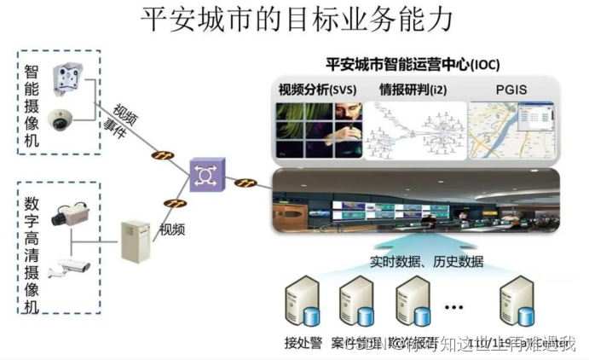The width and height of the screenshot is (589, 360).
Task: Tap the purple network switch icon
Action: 205,174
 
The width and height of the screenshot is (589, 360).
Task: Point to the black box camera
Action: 67,215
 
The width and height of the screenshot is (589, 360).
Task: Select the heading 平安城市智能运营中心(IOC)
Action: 413,65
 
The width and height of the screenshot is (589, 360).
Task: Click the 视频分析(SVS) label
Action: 316,90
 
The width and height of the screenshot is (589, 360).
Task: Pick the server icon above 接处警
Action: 302,304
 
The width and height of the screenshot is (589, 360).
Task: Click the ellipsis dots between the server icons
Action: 453,305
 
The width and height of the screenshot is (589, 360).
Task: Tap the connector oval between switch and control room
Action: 246,183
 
